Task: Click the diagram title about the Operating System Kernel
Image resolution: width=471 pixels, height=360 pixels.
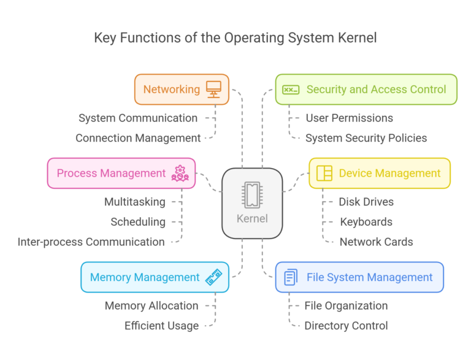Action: pyautogui.click(x=235, y=38)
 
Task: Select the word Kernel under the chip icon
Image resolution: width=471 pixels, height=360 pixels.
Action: pyautogui.click(x=251, y=219)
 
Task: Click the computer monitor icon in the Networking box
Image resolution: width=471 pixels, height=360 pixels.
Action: pyautogui.click(x=213, y=90)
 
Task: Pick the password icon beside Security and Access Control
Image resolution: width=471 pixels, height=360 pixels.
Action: pyautogui.click(x=290, y=90)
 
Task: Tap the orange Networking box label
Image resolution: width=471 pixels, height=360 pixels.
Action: pyautogui.click(x=172, y=90)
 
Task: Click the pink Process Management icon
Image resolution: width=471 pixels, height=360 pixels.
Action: pyautogui.click(x=180, y=174)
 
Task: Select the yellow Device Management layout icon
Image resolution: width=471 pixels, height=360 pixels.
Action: pyautogui.click(x=324, y=174)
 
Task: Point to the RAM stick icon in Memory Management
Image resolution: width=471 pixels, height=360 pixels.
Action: pyautogui.click(x=213, y=278)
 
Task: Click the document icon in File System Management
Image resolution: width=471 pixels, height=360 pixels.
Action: pyautogui.click(x=290, y=278)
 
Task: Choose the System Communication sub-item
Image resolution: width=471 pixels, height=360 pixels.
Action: pyautogui.click(x=138, y=118)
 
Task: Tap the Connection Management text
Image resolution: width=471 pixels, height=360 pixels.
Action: pyautogui.click(x=138, y=138)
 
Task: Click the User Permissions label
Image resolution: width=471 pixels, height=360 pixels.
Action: pyautogui.click(x=350, y=118)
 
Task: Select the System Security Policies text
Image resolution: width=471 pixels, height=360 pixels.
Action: pyautogui.click(x=366, y=138)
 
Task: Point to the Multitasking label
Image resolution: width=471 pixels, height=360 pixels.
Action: pyautogui.click(x=134, y=201)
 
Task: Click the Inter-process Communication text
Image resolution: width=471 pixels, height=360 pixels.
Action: pyautogui.click(x=91, y=242)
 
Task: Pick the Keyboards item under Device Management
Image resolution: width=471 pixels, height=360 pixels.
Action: pyautogui.click(x=366, y=221)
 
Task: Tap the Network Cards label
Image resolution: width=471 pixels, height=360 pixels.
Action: pyautogui.click(x=376, y=242)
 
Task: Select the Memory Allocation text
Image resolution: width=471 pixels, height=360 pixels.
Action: pyautogui.click(x=151, y=305)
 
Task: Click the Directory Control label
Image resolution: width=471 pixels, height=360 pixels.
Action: pyautogui.click(x=346, y=326)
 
